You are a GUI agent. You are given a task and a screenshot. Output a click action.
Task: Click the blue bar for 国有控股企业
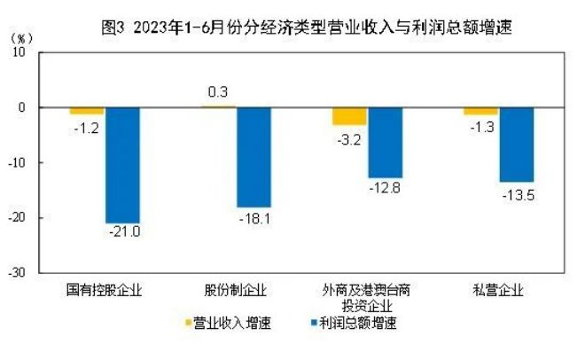[122, 165]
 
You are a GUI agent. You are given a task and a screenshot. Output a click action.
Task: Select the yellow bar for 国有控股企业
[87, 111]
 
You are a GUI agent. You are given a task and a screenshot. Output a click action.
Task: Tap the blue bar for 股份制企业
[253, 157]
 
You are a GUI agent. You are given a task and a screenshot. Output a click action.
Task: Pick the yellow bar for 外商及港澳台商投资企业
[349, 116]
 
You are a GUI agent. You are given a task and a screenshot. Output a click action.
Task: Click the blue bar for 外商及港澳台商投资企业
[385, 143]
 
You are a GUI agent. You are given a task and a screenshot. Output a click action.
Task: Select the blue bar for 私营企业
[516, 145]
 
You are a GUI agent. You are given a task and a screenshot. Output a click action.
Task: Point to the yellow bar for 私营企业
[480, 111]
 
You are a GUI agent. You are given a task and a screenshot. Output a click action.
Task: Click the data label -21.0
[124, 233]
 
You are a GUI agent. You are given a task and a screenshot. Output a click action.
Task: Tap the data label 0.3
[218, 91]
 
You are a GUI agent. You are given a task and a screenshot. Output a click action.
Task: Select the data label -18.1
[254, 216]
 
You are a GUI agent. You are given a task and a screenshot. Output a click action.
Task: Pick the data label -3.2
[349, 138]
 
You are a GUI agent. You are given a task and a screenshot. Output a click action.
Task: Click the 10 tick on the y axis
[19, 52]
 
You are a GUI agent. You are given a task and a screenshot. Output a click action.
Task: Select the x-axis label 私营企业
[497, 291]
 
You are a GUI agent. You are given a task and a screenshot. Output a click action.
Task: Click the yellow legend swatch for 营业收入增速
[187, 323]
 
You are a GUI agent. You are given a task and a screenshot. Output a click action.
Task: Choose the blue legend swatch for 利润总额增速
[312, 323]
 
